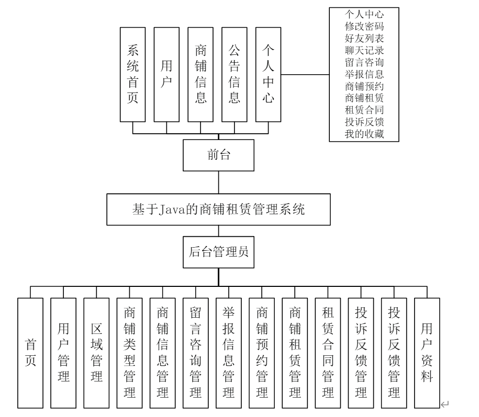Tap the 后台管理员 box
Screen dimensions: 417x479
[217, 252]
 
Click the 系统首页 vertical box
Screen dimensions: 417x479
[133, 74]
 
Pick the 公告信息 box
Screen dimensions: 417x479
[235, 74]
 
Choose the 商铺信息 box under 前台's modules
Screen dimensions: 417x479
[200, 74]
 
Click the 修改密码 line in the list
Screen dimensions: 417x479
[364, 25]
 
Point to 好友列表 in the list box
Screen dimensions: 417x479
[364, 38]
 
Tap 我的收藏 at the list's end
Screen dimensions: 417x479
[364, 134]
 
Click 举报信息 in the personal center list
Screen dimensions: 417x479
[364, 74]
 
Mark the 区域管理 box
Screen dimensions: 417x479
[96, 353]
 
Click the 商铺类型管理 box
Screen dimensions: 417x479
[129, 353]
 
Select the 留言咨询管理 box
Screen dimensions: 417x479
[195, 353]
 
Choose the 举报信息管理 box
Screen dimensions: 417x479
[228, 353]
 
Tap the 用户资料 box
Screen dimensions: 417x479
[427, 353]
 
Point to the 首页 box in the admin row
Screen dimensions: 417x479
[30, 353]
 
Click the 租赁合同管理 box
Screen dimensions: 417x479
[328, 353]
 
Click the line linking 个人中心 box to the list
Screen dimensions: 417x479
[306, 75]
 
